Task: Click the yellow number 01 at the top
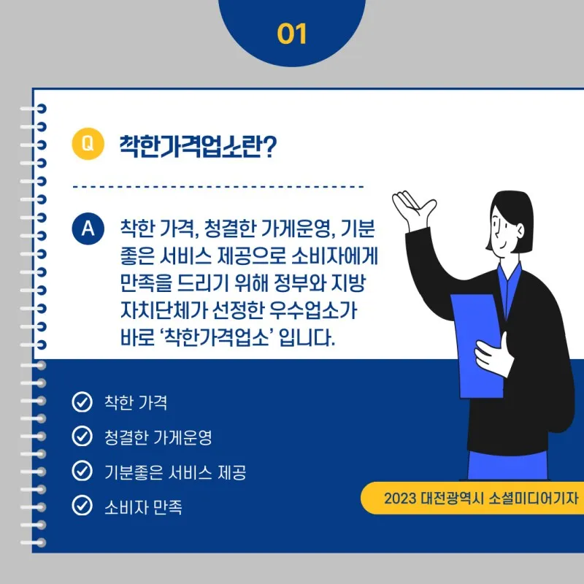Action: (292, 34)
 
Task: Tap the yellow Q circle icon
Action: (88, 144)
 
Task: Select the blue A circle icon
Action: (88, 228)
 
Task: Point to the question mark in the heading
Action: (269, 147)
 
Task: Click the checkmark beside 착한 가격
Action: (82, 402)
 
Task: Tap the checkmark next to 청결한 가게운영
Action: (82, 436)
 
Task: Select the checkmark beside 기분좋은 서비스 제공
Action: (82, 471)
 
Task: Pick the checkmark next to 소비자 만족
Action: (82, 505)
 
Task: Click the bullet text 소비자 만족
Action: (143, 507)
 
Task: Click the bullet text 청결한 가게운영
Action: (158, 437)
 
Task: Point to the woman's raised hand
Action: (413, 210)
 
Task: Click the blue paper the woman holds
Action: (476, 345)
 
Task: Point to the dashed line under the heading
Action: (218, 187)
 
